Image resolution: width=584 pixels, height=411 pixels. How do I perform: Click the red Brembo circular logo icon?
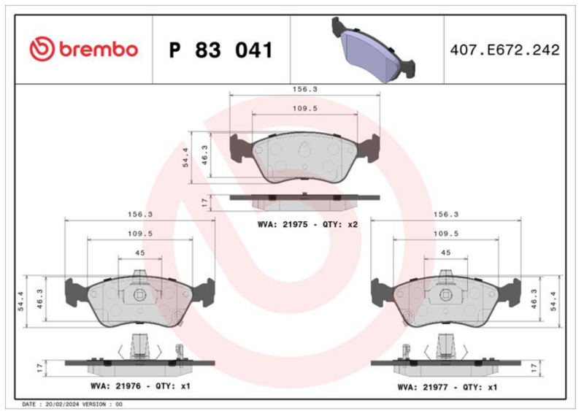point(42,49)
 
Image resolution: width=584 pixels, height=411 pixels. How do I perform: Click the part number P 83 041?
point(221,50)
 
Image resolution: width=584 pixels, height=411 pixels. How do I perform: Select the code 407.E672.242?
point(504,50)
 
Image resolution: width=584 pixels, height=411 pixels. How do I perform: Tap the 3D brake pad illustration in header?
point(373,49)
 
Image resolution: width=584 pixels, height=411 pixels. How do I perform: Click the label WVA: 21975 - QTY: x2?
point(307,224)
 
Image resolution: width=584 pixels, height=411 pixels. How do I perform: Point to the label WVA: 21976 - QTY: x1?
point(140,386)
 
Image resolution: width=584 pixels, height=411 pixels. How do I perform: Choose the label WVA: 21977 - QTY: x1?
point(447,387)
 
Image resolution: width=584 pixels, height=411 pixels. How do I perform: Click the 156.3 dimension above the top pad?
point(304,90)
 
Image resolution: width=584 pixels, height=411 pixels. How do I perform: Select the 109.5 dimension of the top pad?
point(304,109)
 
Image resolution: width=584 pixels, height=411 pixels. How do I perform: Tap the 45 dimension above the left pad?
point(139,253)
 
